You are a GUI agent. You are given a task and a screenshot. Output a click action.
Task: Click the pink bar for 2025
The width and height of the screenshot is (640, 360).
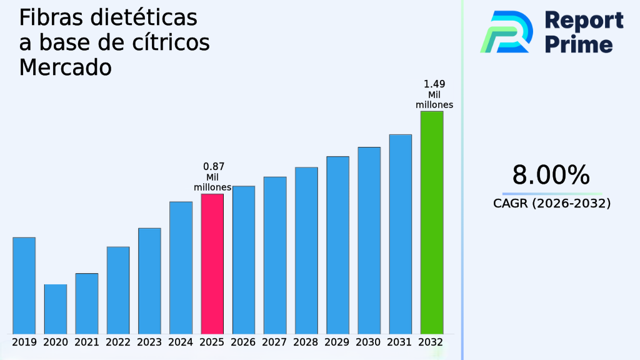pos(212,263)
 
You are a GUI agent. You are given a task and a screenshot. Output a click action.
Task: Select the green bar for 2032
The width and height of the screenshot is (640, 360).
pos(432,222)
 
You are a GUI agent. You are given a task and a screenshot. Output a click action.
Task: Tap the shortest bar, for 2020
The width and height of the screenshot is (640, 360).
pos(55,309)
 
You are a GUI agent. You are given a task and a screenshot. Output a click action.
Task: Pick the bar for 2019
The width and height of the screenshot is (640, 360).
pos(24,285)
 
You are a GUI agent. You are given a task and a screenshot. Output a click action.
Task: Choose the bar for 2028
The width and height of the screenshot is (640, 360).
pos(306,250)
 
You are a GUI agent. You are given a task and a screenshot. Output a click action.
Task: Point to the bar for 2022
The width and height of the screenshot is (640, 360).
pos(118,290)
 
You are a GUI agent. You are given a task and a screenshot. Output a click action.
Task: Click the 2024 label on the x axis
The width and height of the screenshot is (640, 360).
pos(181,342)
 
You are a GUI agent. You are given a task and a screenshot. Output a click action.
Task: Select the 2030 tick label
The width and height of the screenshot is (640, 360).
pos(369,342)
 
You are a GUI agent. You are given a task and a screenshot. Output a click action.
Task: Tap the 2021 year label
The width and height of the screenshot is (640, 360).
pos(87,342)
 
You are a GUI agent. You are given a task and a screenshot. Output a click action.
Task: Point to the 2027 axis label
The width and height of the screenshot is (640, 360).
pos(275,342)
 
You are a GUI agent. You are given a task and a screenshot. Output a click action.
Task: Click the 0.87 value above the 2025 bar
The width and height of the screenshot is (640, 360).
pos(214,167)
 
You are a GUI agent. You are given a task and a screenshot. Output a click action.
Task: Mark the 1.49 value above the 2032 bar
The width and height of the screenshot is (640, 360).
pos(434,84)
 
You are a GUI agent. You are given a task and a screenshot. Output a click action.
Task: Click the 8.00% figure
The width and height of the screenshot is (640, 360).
pos(551,176)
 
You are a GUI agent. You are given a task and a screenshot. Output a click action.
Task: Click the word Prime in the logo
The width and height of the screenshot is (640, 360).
pos(579,44)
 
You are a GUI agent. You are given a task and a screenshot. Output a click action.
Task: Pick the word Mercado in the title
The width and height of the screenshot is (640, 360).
pos(65,67)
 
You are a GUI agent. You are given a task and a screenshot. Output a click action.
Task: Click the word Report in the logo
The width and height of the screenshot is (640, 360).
pos(584,20)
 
